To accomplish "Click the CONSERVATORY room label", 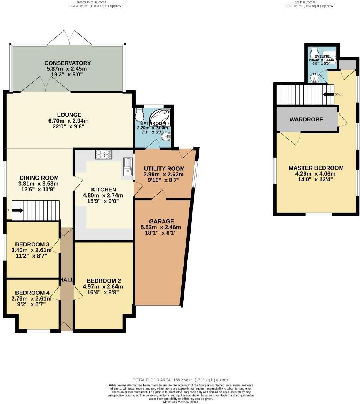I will pos(67,63).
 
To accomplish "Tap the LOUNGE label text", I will pos(69,115).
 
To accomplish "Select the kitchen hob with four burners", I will pos(103,154).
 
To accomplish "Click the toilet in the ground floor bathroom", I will pos(139,114).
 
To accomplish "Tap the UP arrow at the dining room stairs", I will pos(17,210).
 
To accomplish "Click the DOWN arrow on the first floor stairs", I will pos(328,94).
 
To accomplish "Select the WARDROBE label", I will pos(306,120).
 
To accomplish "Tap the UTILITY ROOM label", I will pos(164,168).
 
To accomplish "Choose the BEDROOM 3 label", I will pos(32,244).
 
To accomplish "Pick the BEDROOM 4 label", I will pos(32,293).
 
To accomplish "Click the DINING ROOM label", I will pos(39,178).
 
